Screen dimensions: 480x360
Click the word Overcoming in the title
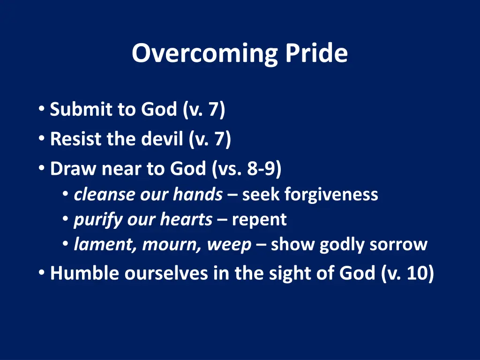click(204, 54)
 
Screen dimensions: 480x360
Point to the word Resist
click(75, 139)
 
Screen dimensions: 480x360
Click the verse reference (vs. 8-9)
click(247, 169)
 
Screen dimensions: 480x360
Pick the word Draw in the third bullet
click(73, 169)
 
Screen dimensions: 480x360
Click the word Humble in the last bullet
click(84, 273)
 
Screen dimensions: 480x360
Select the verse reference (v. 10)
click(408, 273)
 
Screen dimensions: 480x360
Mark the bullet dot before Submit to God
click(42, 108)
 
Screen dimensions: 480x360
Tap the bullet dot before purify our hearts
click(65, 219)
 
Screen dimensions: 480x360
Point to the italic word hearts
click(186, 219)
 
